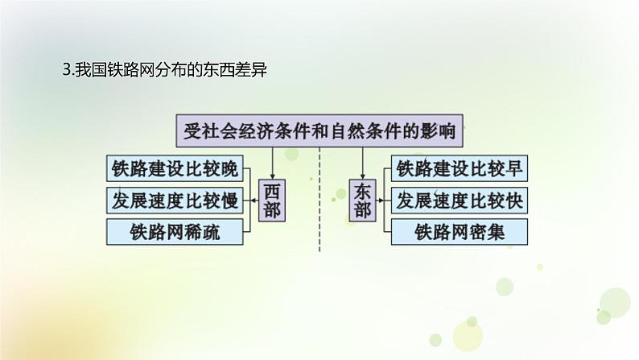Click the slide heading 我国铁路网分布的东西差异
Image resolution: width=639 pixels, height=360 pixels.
164,71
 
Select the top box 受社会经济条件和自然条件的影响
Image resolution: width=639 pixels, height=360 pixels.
319,130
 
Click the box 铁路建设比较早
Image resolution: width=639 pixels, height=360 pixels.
460,169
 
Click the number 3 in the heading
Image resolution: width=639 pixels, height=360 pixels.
65,71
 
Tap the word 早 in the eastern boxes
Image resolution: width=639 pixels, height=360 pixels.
515,169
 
